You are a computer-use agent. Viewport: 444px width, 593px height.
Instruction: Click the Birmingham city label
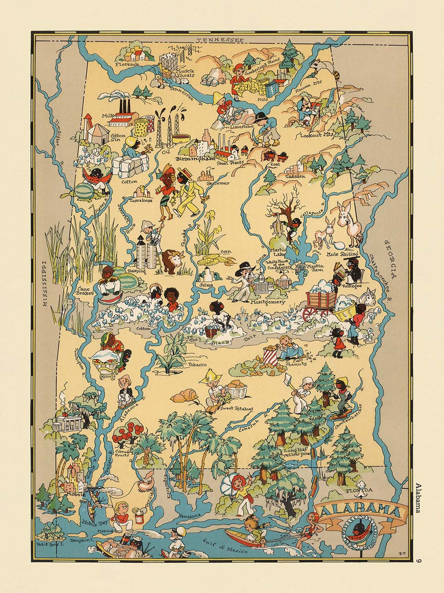[x=197, y=159]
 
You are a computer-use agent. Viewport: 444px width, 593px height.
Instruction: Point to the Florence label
[x=126, y=64]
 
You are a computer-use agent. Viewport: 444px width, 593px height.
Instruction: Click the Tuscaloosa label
[x=141, y=201]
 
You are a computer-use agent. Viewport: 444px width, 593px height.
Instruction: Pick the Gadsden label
[x=295, y=176]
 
